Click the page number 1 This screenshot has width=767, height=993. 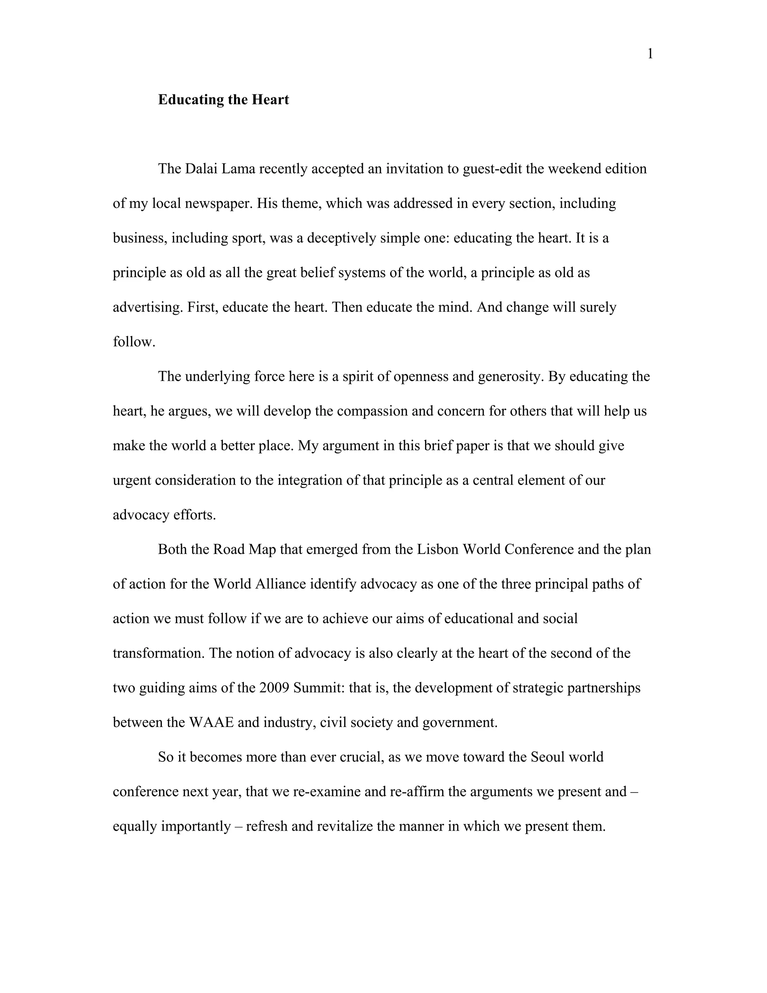coord(650,54)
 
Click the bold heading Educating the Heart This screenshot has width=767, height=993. coord(223,100)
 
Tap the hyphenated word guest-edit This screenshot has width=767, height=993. coord(492,169)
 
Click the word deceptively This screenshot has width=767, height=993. coord(341,238)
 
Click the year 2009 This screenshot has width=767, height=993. coord(275,688)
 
